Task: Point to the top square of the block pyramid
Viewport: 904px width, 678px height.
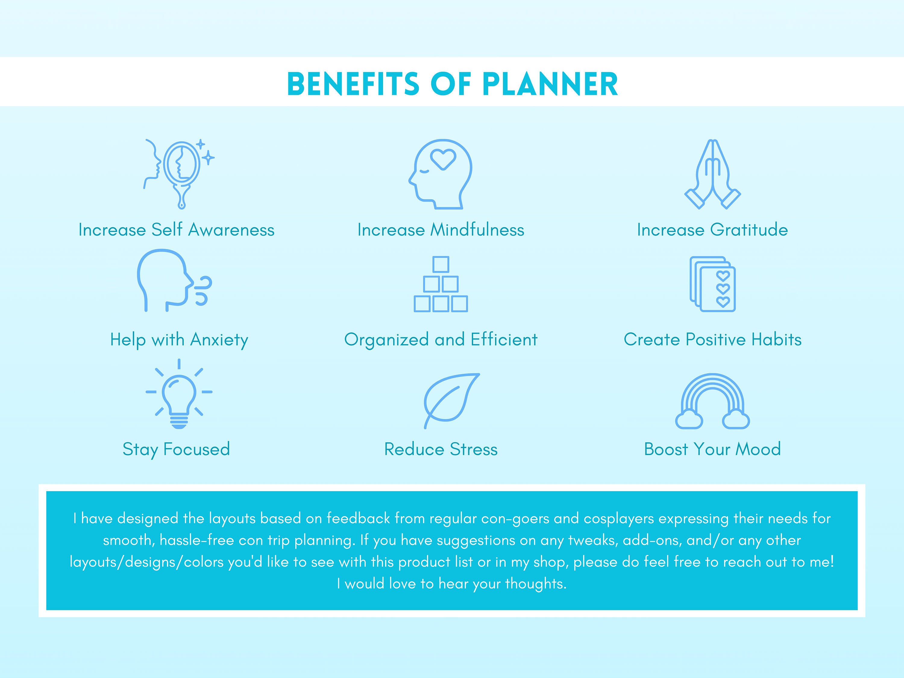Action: coord(441,264)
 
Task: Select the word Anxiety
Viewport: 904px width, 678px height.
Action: coord(219,340)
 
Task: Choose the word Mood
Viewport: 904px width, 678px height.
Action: coord(758,449)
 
